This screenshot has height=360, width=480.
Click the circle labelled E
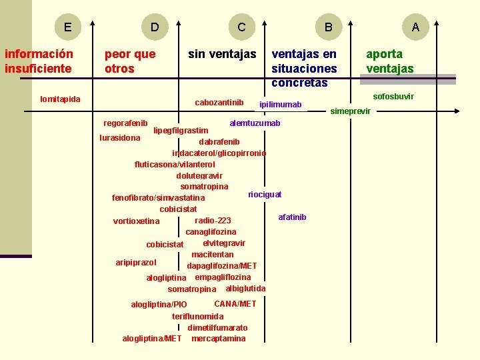[x=67, y=27]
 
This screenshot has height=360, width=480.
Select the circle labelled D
[x=155, y=27]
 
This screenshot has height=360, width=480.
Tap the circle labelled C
[x=241, y=27]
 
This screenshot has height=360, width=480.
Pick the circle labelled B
[x=328, y=27]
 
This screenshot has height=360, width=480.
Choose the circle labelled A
[x=415, y=27]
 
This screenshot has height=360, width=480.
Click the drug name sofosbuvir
[x=393, y=97]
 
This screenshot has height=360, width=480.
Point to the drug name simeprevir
[x=351, y=111]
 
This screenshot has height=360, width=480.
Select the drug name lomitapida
[x=60, y=99]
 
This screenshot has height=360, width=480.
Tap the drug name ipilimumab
[x=280, y=105]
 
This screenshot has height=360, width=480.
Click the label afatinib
[x=292, y=217]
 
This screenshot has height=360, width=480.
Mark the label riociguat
[x=265, y=195]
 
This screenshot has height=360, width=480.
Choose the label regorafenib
[x=125, y=123]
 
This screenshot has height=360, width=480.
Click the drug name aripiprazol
[x=136, y=263]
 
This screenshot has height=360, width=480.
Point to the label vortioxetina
[x=137, y=221]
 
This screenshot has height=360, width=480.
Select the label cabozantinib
[x=219, y=103]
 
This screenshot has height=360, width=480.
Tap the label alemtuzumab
[x=255, y=123]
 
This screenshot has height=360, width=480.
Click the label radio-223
[x=213, y=221]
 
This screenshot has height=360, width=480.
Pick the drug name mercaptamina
[x=218, y=339]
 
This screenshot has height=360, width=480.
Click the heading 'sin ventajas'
[x=222, y=54]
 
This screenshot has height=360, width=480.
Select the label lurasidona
[x=119, y=138]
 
